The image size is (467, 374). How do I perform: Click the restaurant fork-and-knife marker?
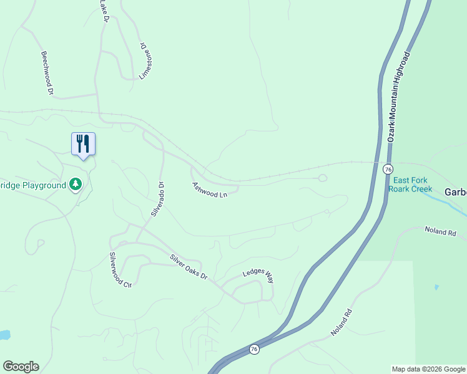83,144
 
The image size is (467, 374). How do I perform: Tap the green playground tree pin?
76,184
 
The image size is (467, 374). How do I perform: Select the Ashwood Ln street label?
210,190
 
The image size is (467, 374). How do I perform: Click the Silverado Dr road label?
157,199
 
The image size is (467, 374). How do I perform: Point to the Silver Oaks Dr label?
189,266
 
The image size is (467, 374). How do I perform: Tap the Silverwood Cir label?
120,270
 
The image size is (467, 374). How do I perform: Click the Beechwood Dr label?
46,72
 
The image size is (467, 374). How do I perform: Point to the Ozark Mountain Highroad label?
398,97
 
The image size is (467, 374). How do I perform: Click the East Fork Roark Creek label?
410,184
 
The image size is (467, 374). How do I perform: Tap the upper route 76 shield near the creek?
388,170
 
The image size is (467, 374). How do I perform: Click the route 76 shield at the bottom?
253,350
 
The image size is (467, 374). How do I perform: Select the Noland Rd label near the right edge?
440,231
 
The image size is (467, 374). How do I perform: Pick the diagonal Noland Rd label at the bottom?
342,324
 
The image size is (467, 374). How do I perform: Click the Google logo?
21,367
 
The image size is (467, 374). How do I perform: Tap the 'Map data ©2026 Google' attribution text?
428,369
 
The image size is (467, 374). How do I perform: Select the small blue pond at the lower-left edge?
4,335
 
